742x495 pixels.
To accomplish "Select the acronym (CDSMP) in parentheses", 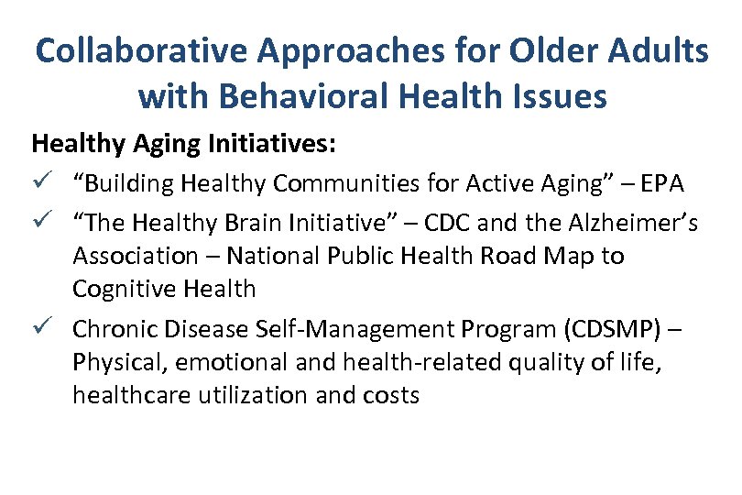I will [x=617, y=327].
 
